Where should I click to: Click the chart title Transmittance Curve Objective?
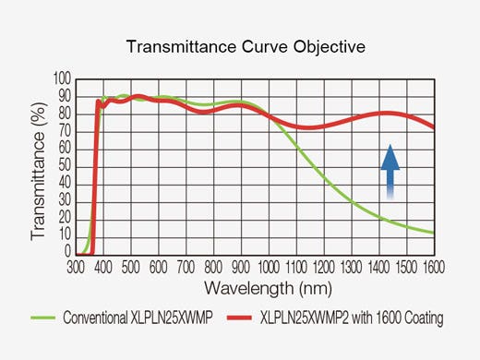coord(240,47)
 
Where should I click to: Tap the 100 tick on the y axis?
coord(63,79)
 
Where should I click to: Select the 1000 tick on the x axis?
coord(268,266)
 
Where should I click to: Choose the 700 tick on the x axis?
coord(185,266)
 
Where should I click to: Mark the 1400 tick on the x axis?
coord(378,266)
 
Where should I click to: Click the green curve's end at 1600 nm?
coord(432,232)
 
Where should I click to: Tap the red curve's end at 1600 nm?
coord(432,127)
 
